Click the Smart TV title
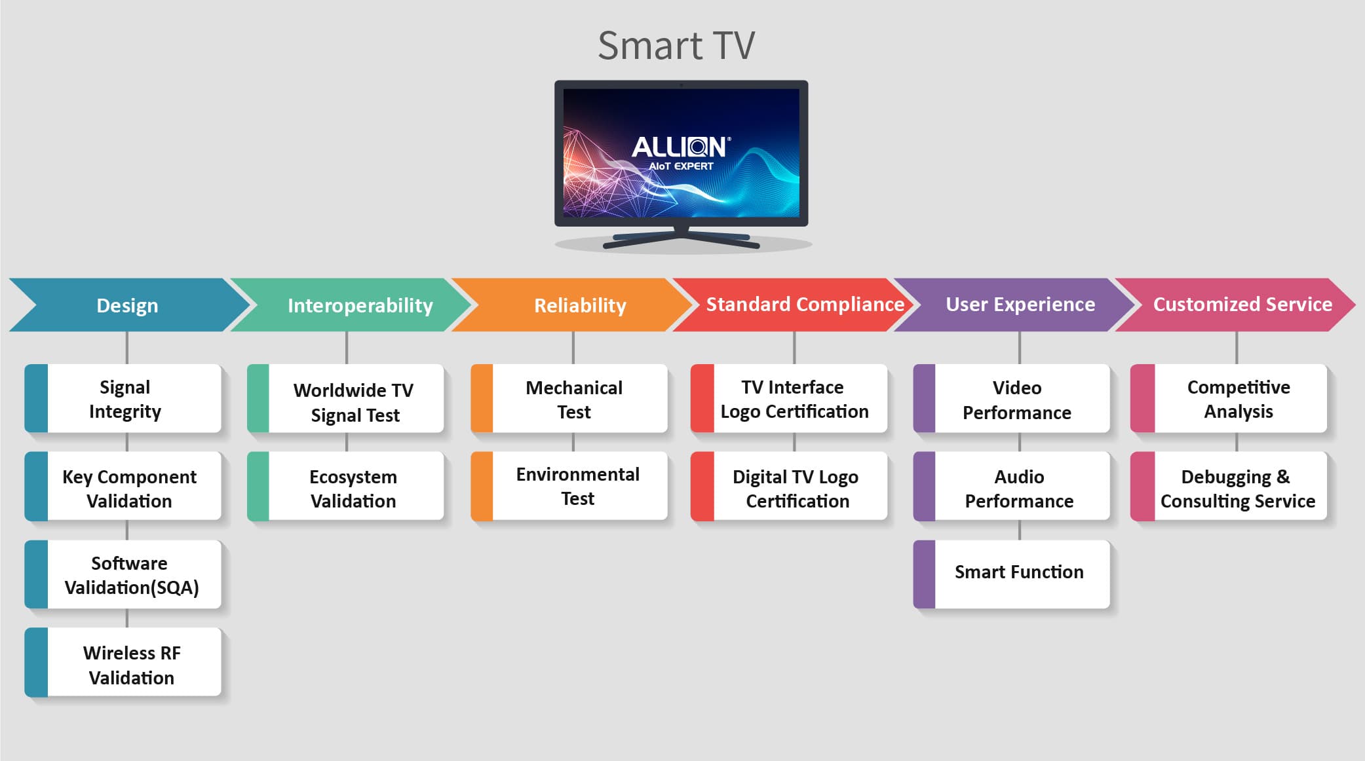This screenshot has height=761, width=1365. point(676,45)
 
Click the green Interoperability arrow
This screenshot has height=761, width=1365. point(351,305)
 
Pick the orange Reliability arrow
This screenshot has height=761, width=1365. point(572,305)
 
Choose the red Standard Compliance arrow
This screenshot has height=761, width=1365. point(793,305)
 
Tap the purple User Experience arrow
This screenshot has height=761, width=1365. point(1014,305)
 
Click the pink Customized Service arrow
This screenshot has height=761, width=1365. point(1235,305)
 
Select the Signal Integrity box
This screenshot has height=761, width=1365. point(123,399)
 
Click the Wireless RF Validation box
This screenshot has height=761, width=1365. point(123,662)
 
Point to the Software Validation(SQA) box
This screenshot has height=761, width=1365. point(123,574)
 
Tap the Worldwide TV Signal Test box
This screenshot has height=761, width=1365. point(345,399)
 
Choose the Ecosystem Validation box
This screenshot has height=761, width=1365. point(345,487)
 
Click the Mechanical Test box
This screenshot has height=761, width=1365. point(569,399)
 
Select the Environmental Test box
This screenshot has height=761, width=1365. point(569,487)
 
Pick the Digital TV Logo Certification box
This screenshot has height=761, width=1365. point(789,487)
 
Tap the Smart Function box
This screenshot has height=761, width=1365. point(1012,574)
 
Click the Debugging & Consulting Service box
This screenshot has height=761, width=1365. point(1229,487)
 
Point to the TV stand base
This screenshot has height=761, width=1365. point(682,240)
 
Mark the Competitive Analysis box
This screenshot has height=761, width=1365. point(1229,399)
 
